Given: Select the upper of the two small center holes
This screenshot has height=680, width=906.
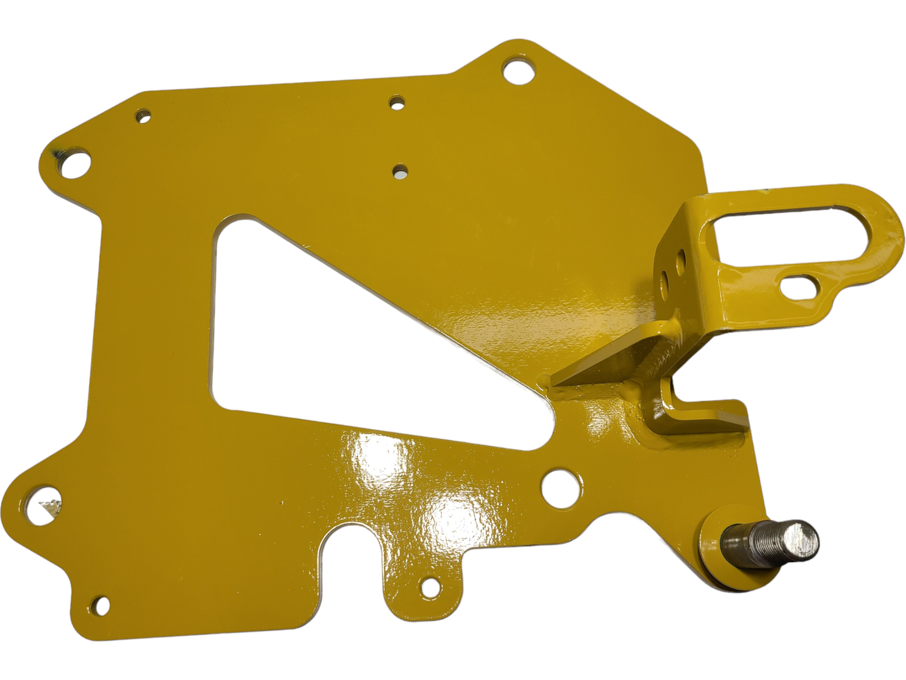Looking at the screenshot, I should (397, 102).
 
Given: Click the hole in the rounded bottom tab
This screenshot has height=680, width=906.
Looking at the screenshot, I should (430, 587).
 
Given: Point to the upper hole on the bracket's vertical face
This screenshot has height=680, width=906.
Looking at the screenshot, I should (682, 257).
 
